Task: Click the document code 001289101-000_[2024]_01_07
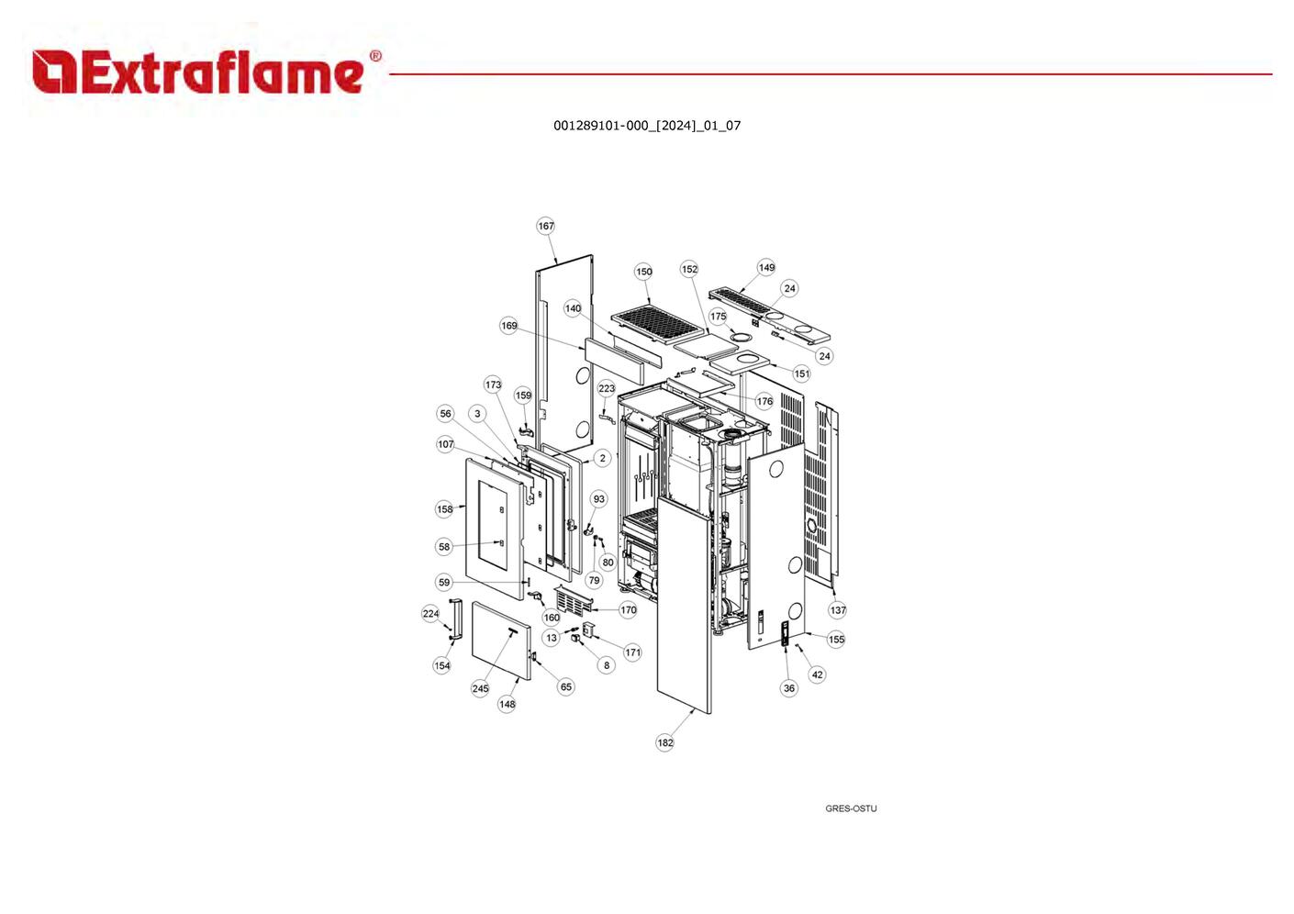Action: (647, 126)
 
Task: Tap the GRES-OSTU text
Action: (851, 808)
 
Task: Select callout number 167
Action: (546, 226)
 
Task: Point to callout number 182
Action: (665, 742)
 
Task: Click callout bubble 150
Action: (643, 272)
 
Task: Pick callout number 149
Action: (766, 267)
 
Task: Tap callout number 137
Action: (838, 609)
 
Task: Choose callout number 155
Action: (836, 639)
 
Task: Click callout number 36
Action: (789, 688)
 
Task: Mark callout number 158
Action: (445, 509)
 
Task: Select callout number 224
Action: (431, 614)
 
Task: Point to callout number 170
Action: (628, 609)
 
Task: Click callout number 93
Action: (599, 499)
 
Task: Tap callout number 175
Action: (718, 316)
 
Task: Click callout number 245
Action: (481, 688)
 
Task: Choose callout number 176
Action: (764, 401)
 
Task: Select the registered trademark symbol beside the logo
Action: (375, 56)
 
